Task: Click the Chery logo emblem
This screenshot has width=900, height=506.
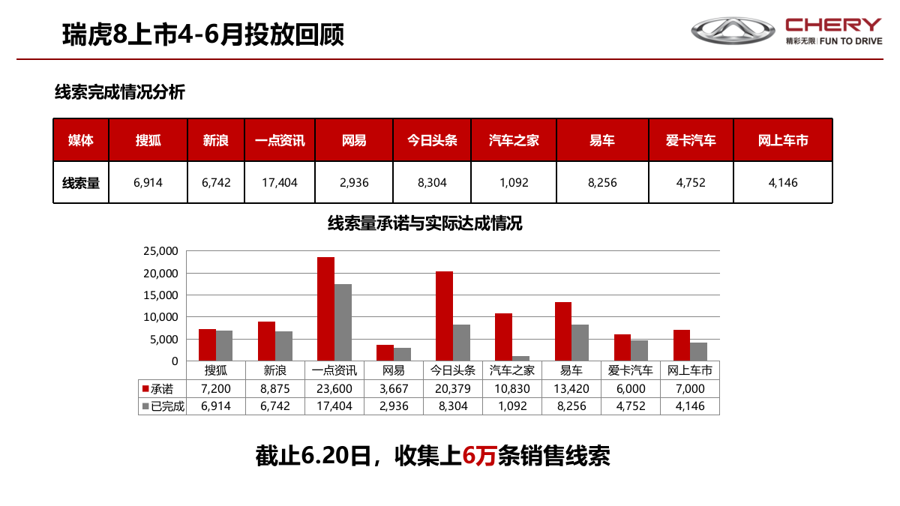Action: tap(732, 31)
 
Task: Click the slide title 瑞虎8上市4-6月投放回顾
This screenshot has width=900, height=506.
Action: tap(203, 34)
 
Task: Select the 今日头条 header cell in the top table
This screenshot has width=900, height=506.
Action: tap(432, 140)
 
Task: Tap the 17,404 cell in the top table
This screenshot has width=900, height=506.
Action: tap(280, 182)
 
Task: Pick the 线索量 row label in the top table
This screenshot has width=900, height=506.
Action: tap(81, 182)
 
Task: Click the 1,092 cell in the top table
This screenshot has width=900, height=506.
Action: tap(514, 182)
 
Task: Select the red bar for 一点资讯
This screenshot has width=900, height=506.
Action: tap(325, 309)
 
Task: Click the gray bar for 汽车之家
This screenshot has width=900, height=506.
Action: tap(520, 358)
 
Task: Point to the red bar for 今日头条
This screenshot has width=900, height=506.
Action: tap(444, 316)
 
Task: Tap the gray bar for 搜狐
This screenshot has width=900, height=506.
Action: tap(224, 346)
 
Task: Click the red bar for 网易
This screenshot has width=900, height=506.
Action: tap(385, 352)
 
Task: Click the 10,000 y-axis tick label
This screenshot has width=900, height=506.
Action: tap(160, 317)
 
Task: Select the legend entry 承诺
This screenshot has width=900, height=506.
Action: tap(157, 389)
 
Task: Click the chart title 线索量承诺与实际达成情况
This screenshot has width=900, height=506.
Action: tap(424, 223)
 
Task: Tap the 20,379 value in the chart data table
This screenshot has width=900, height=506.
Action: tap(453, 389)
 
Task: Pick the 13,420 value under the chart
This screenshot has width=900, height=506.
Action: tap(571, 389)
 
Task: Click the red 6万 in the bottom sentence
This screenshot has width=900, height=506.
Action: tap(479, 456)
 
